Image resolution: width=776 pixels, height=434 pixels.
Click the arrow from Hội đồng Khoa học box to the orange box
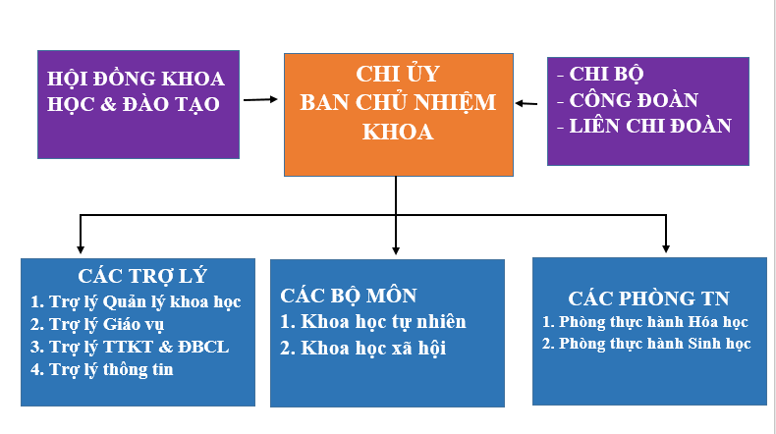[x=260, y=99]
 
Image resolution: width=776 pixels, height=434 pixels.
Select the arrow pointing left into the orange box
[x=527, y=103]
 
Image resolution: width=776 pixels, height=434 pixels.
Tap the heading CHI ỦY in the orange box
[x=398, y=75]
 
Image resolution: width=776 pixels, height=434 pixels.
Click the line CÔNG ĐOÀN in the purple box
[x=628, y=100]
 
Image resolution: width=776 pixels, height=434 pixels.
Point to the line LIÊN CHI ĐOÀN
[x=644, y=127]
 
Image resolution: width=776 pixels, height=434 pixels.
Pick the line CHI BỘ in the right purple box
[x=600, y=75]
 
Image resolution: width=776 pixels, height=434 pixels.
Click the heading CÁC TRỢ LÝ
[x=142, y=276]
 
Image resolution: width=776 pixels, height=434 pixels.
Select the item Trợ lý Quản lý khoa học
[x=136, y=301]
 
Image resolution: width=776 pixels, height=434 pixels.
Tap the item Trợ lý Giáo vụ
[x=97, y=325]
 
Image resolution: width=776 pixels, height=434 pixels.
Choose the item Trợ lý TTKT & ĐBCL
[x=130, y=347]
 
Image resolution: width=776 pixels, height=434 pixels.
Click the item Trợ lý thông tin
[x=102, y=369]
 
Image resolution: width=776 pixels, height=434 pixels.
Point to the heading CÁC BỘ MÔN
[x=349, y=296]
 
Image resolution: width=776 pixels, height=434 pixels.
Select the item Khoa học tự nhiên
[x=373, y=322]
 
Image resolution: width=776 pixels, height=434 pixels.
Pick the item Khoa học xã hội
[x=363, y=349]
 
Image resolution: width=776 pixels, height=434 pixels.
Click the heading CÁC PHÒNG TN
[x=649, y=298]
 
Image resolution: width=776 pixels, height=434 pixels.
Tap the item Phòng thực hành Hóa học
[x=644, y=322]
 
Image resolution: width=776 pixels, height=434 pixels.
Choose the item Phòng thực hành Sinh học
[x=646, y=344]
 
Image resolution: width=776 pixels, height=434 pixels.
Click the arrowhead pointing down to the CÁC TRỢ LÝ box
[x=81, y=249]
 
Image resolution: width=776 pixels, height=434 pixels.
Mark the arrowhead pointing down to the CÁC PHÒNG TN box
[x=666, y=248]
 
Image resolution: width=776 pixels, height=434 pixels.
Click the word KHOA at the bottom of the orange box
[x=398, y=133]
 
